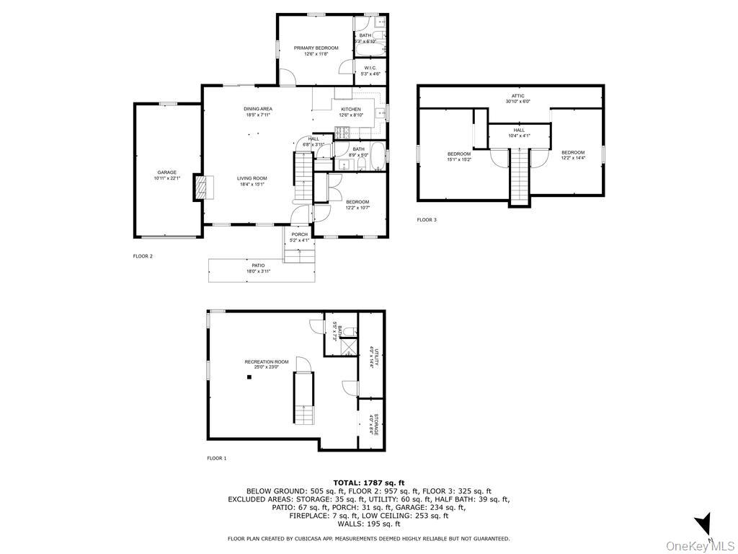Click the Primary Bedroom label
click(316, 48)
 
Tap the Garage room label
click(167, 172)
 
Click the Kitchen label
click(351, 110)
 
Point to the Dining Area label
click(257, 109)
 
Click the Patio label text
click(258, 265)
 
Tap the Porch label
click(299, 234)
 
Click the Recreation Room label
click(267, 362)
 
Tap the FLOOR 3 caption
click(427, 219)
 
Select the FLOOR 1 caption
click(216, 458)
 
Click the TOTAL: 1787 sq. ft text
click(368, 483)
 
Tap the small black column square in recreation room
click(249, 377)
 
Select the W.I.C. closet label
click(370, 68)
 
